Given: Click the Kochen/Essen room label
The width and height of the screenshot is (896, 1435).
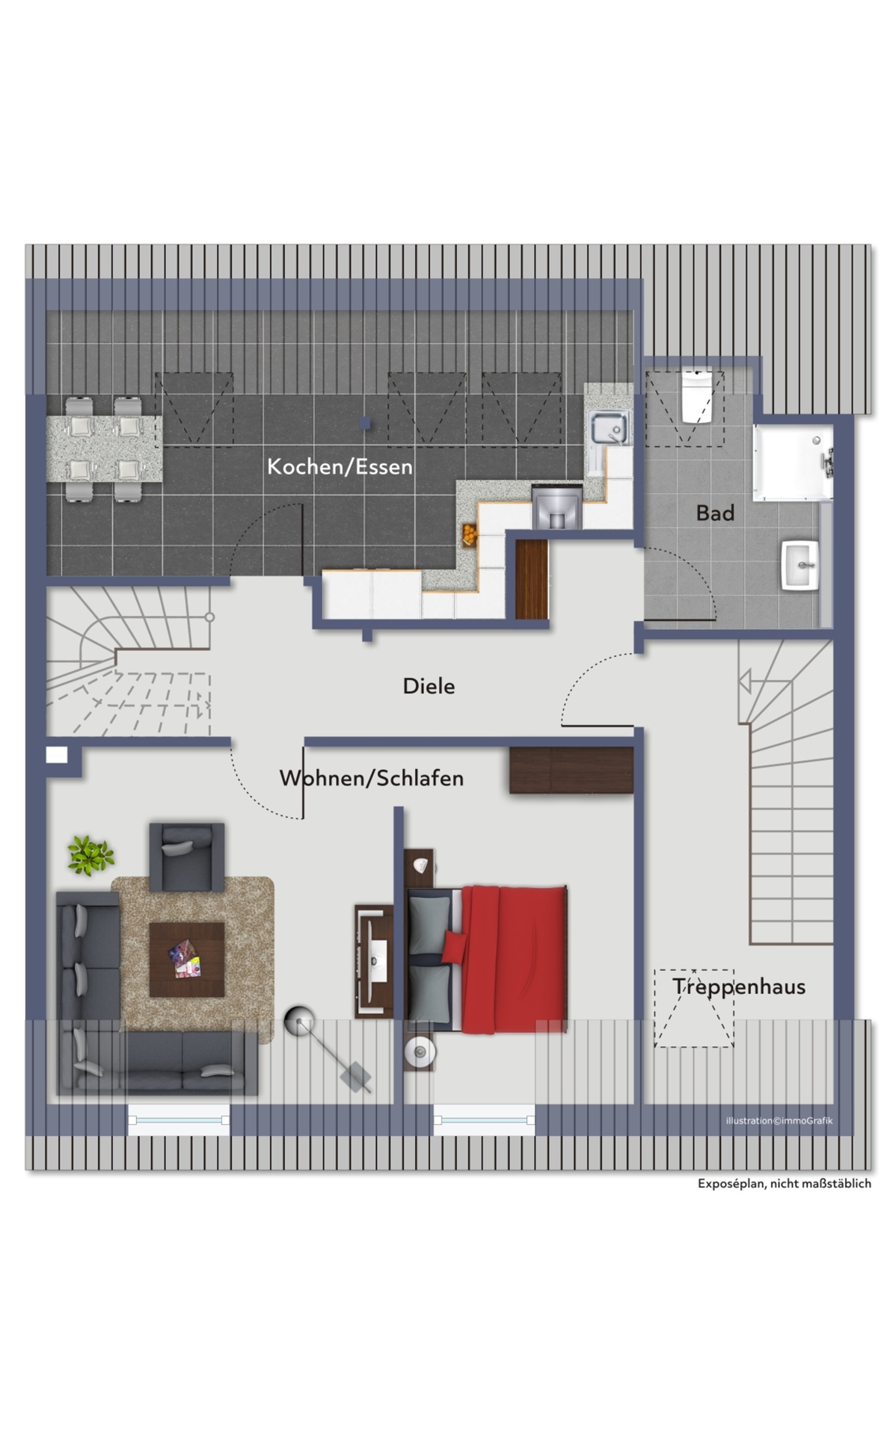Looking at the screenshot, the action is (x=340, y=467).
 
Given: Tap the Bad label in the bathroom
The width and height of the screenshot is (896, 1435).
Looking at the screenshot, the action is (x=715, y=513).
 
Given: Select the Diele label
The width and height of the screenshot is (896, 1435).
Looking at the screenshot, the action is (x=429, y=686).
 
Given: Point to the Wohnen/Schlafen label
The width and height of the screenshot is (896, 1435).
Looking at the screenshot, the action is (x=372, y=778).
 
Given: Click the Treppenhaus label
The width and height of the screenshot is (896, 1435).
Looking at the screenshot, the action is (x=739, y=987).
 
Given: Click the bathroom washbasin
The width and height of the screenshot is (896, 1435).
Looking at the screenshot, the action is (x=800, y=566).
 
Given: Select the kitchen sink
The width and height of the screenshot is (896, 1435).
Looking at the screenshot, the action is (x=610, y=428).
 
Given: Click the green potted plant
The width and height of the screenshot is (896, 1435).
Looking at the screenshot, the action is (x=90, y=855).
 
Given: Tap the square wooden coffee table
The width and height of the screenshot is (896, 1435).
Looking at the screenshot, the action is (x=187, y=960).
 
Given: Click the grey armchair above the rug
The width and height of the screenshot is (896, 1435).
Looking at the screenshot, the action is (x=187, y=857).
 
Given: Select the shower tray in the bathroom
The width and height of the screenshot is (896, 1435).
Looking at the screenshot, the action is (x=793, y=463).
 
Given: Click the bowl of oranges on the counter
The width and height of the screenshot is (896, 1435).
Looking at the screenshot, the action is (x=469, y=534).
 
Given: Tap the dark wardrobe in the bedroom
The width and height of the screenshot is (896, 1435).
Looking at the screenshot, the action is (x=571, y=770).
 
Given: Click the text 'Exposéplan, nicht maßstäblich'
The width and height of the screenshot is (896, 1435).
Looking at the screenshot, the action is (x=785, y=1183).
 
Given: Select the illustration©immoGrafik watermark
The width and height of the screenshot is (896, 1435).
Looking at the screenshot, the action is (x=779, y=1120).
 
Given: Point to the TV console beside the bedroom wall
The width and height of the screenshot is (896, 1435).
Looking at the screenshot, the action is (x=374, y=961).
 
